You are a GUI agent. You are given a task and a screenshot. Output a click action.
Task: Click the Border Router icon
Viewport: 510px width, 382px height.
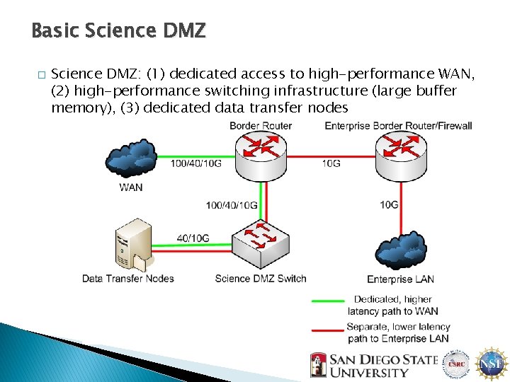tap(261, 156)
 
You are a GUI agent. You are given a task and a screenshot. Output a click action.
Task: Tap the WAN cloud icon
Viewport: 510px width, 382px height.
tap(131, 161)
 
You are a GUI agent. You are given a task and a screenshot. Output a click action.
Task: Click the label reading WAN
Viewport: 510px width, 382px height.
tap(131, 187)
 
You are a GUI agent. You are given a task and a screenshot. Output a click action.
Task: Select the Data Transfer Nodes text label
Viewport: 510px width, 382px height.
tap(128, 279)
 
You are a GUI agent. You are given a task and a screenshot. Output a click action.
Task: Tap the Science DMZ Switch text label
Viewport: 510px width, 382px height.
tap(261, 279)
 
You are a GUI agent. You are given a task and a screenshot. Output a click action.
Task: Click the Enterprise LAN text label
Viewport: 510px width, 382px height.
tap(399, 279)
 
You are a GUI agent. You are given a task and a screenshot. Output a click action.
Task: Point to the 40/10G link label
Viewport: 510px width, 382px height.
tap(193, 238)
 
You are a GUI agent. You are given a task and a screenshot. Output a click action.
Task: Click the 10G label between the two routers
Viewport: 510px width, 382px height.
tap(331, 164)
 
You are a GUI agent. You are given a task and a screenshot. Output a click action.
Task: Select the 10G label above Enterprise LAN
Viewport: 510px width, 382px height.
tap(390, 205)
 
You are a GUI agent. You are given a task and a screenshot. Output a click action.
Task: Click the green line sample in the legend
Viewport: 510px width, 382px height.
tap(327, 301)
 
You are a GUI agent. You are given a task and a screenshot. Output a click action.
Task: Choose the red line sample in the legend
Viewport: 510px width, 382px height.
tap(327, 328)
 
